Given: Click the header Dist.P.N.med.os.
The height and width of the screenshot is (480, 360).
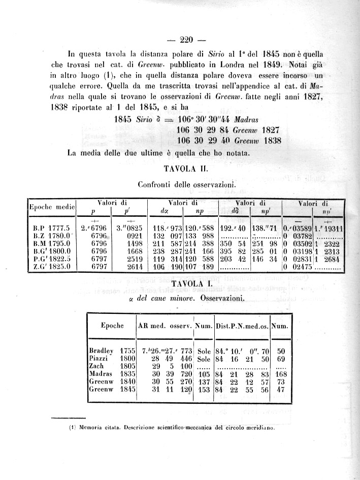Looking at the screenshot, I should tap(242, 326).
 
